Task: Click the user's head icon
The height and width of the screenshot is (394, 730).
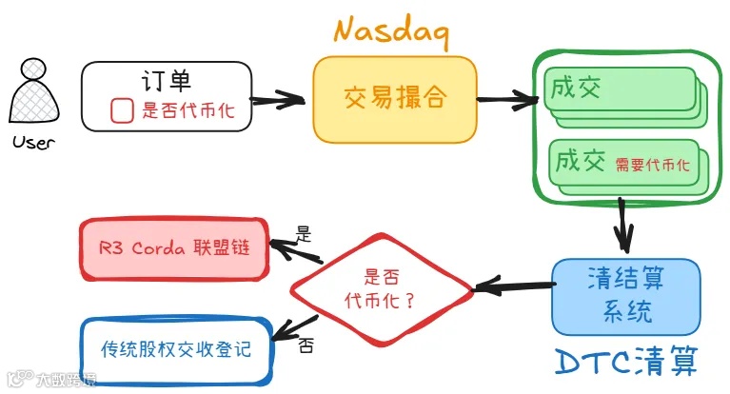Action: pos(35,71)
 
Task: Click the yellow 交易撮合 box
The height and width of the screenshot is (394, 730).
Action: pos(394,99)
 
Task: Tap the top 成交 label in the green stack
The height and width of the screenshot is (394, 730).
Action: pos(576,88)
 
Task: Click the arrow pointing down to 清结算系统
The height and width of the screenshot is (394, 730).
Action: pos(623,224)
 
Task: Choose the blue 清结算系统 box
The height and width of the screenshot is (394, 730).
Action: pos(625,295)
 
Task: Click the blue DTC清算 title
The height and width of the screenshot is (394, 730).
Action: pos(627,361)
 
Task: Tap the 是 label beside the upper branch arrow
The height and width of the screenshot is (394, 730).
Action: pos(305,232)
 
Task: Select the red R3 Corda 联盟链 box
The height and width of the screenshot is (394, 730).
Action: pos(173,247)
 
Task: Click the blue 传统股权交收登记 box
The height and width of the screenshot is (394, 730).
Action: pos(176,348)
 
